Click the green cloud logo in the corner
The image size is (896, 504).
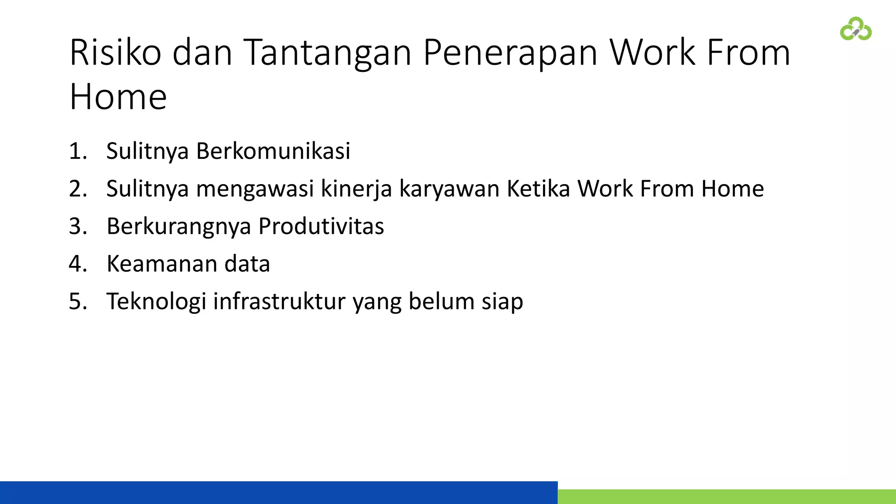[856, 29]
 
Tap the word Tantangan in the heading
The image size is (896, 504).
[327, 52]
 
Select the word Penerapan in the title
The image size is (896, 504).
[510, 52]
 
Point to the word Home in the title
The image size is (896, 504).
[118, 97]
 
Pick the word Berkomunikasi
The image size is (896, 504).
[273, 151]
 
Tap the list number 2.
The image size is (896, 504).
[78, 189]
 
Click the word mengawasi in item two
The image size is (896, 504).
[255, 189]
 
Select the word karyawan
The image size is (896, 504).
[449, 189]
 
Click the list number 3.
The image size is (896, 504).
[78, 227]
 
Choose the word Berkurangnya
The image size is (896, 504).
[178, 227]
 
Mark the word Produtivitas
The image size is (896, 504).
[321, 227]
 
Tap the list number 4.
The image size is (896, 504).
[78, 264]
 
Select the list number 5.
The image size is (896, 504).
[78, 302]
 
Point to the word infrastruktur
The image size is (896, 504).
[279, 302]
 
